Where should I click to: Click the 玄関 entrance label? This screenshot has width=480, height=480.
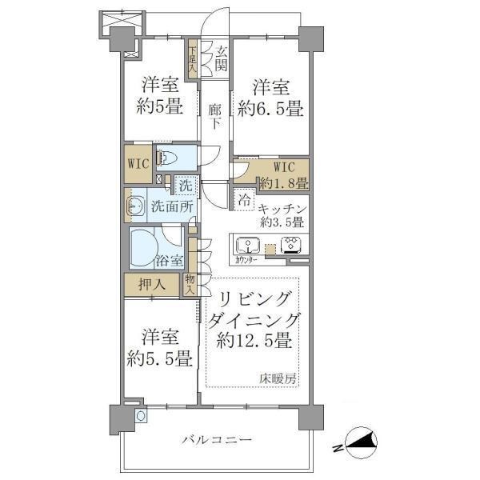point(220,61)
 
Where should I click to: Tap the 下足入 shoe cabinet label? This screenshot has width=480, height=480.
point(192,58)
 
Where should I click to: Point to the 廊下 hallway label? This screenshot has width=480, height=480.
point(215,113)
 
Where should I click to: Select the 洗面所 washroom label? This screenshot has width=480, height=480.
point(172,206)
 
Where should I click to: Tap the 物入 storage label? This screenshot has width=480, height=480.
point(190,285)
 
